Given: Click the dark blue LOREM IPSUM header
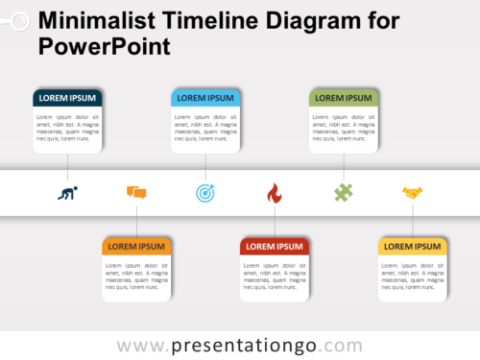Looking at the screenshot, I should coord(67,97).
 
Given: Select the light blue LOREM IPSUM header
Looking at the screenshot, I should coord(205,97).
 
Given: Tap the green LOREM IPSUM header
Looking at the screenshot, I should coord(344,97).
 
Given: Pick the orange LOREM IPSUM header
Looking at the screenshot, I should coord(136,247).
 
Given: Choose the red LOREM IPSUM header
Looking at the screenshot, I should coord(275,247).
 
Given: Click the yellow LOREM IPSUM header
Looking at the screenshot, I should coord(413,247).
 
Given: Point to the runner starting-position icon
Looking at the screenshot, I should coord(67,193).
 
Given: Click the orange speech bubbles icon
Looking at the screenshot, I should coord(136,193).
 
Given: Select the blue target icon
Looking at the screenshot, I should coord(205,193).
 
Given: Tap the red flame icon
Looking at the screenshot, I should coord(275,193).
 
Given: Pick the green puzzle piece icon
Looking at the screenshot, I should coord(344,193).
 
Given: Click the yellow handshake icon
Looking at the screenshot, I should coord(413,193).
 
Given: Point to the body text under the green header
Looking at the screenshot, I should coord(344,128).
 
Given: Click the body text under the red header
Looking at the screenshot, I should coord(275,276).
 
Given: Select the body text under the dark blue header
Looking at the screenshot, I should coord(67,128).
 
